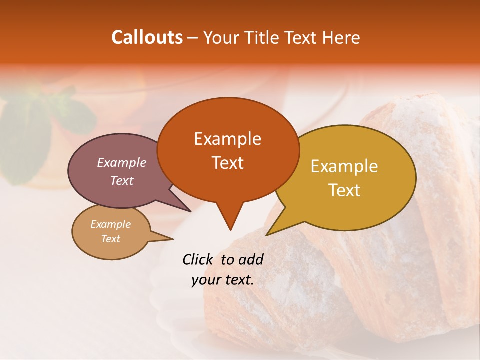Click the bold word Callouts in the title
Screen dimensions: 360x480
[x=147, y=37]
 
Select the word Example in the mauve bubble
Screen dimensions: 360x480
[x=121, y=162]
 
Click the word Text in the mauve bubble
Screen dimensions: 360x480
[x=121, y=180]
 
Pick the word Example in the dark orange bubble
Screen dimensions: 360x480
[x=227, y=139]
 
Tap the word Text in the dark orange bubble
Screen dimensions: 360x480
[x=227, y=163]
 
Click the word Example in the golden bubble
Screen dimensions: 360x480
[x=344, y=166]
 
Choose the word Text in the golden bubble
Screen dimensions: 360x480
[x=344, y=190]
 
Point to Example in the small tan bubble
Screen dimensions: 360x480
[x=110, y=224]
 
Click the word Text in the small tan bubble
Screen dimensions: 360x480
[x=110, y=239]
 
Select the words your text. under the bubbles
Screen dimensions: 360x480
[x=222, y=280]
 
